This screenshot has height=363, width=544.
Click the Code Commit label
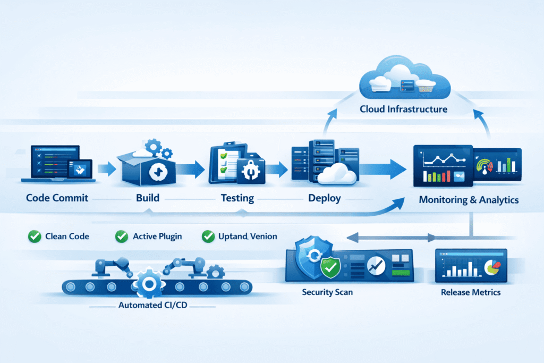58,198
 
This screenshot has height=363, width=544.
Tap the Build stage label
148,198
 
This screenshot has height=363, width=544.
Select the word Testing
236,198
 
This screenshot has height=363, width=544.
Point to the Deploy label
324,198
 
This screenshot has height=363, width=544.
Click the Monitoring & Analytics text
469,200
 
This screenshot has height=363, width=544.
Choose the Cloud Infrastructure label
403,109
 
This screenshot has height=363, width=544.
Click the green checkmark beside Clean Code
35,236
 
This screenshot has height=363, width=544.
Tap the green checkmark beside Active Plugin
122,236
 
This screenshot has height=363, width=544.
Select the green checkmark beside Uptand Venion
208,236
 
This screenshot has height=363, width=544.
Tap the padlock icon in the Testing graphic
248,169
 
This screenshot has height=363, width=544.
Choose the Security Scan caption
327,292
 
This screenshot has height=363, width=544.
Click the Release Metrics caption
470,292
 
